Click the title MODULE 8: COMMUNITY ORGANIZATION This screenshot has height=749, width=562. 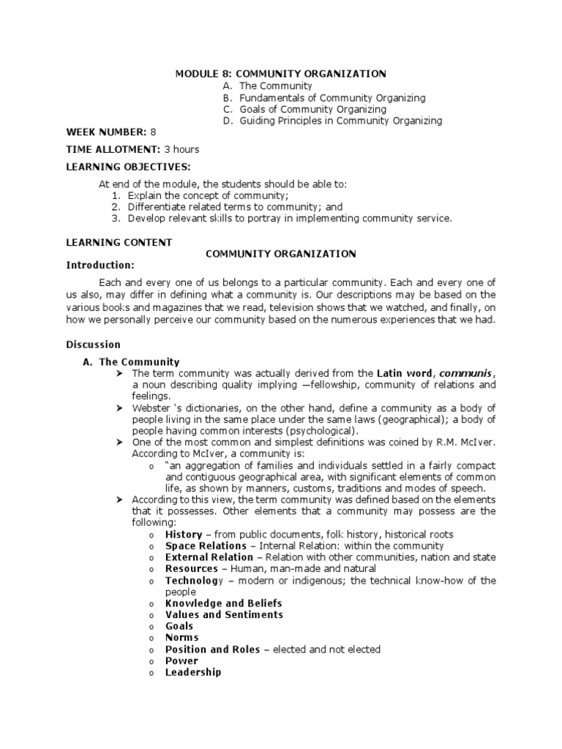tap(280, 74)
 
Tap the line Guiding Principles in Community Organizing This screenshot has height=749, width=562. tap(340, 121)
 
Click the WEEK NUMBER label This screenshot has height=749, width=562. tap(106, 132)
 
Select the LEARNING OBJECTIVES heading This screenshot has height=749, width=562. tap(128, 167)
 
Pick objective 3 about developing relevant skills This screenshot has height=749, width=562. tap(290, 218)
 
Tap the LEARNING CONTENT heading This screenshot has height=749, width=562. tap(119, 242)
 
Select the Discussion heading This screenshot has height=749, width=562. tap(94, 345)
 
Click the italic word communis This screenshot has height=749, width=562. tap(465, 374)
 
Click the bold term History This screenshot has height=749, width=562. tap(183, 535)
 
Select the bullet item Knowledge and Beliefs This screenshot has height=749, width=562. tap(223, 603)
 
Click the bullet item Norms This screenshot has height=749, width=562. tap(181, 638)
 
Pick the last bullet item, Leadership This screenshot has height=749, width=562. tap(193, 672)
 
